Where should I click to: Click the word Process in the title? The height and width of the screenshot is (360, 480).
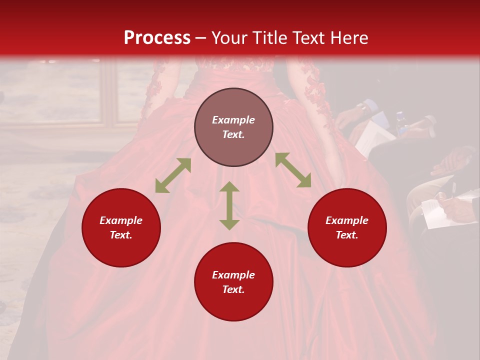pos(157,38)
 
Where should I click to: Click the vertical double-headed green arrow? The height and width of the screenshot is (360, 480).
pos(229,205)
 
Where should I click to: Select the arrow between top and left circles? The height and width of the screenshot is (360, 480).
pos(173,175)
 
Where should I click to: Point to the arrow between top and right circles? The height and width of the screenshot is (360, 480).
pos(293,170)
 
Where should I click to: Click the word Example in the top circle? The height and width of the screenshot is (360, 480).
pos(233,120)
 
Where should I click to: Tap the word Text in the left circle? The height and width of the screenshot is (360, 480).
pos(121,235)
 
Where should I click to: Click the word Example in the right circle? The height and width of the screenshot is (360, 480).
pos(347,220)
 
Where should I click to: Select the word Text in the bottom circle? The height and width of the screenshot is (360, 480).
pos(233,289)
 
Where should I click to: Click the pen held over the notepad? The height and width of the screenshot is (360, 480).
pos(453,190)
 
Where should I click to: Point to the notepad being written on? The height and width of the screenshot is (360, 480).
pos(435,212)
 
